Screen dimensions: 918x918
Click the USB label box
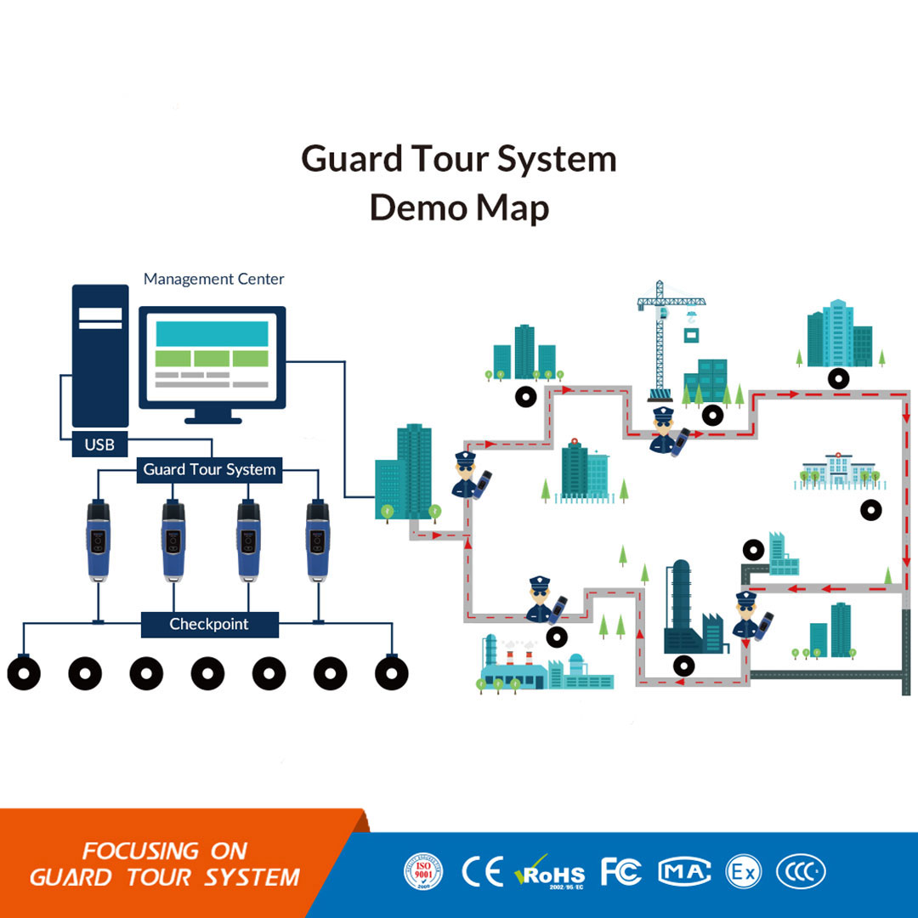click(x=99, y=444)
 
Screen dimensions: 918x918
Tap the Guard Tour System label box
click(x=209, y=469)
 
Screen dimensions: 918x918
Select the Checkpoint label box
click(x=209, y=624)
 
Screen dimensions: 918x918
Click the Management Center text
click(x=213, y=279)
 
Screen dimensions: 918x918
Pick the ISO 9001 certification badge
click(x=423, y=871)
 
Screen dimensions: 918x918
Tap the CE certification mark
click(x=482, y=871)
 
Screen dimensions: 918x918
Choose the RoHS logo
click(x=550, y=872)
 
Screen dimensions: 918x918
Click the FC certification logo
click(x=620, y=871)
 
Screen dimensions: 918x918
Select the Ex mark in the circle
click(x=743, y=871)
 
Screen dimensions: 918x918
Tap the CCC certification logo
click(x=800, y=871)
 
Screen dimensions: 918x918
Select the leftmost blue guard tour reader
click(x=99, y=540)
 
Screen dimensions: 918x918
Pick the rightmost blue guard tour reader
click(x=318, y=540)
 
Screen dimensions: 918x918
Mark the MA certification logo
click(x=684, y=871)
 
